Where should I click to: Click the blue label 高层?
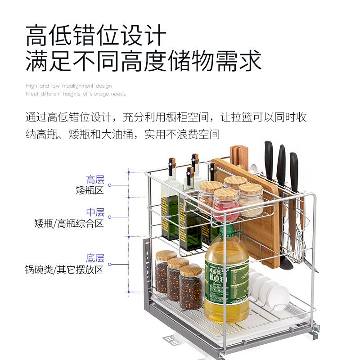pyautogui.click(x=95, y=180)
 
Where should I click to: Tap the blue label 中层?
pyautogui.click(x=95, y=212)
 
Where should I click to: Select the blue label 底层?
pyautogui.click(x=95, y=258)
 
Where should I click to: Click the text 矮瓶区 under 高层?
pyautogui.click(x=90, y=190)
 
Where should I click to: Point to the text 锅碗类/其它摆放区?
pyautogui.click(x=64, y=270)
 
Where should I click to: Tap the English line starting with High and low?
pyautogui.click(x=68, y=86)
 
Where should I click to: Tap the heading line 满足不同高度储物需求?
pyautogui.click(x=143, y=60)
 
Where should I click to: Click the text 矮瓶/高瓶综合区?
pyautogui.click(x=69, y=223)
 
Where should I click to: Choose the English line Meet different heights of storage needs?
pyautogui.click(x=76, y=94)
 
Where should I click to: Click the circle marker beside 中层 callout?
pyautogui.click(x=109, y=217)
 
